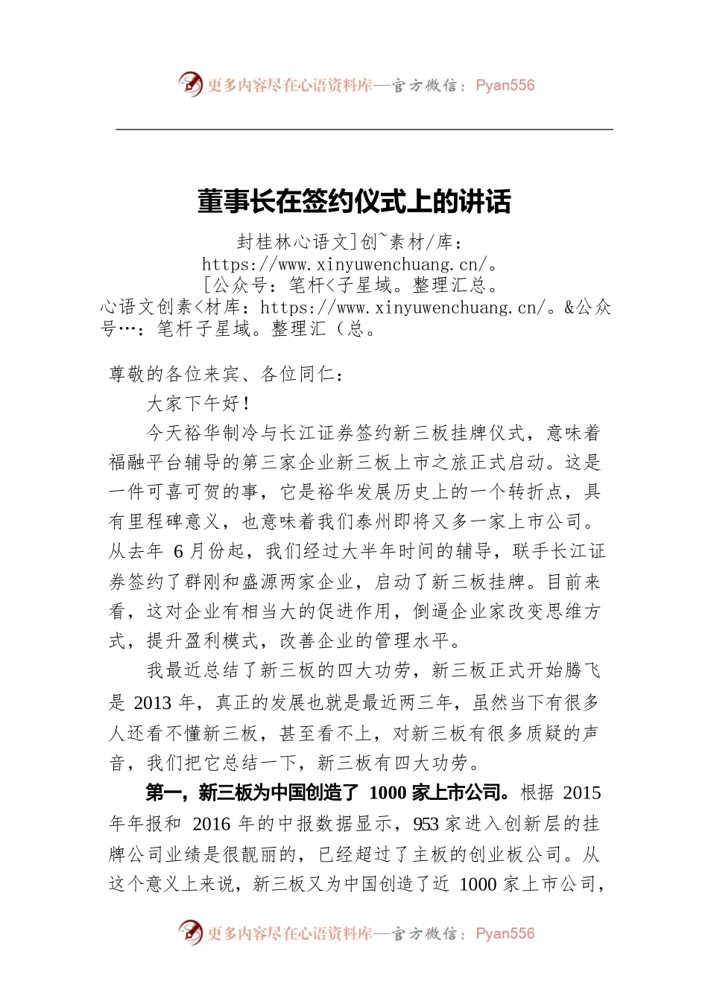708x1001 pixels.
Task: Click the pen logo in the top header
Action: [x=191, y=84]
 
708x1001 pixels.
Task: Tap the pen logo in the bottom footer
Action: [x=191, y=932]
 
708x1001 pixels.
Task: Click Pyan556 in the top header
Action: [x=505, y=85]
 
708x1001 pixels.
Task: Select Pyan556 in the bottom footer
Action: [x=505, y=933]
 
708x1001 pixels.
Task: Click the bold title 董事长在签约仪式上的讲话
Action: [x=354, y=201]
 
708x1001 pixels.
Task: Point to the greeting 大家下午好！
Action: [x=198, y=404]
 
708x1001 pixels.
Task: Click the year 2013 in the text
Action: [x=153, y=702]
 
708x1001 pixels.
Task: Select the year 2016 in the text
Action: [x=212, y=824]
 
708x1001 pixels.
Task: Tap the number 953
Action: [x=426, y=824]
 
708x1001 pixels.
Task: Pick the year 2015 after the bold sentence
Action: [x=581, y=793]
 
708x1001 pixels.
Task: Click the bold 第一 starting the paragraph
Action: [x=164, y=793]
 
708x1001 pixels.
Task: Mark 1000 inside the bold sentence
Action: [x=387, y=793]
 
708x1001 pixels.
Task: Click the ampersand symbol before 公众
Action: [x=569, y=308]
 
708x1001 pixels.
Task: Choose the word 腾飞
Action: [x=581, y=671]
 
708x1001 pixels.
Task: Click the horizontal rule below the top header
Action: [x=364, y=130]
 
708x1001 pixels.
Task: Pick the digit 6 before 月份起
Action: [x=178, y=552]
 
